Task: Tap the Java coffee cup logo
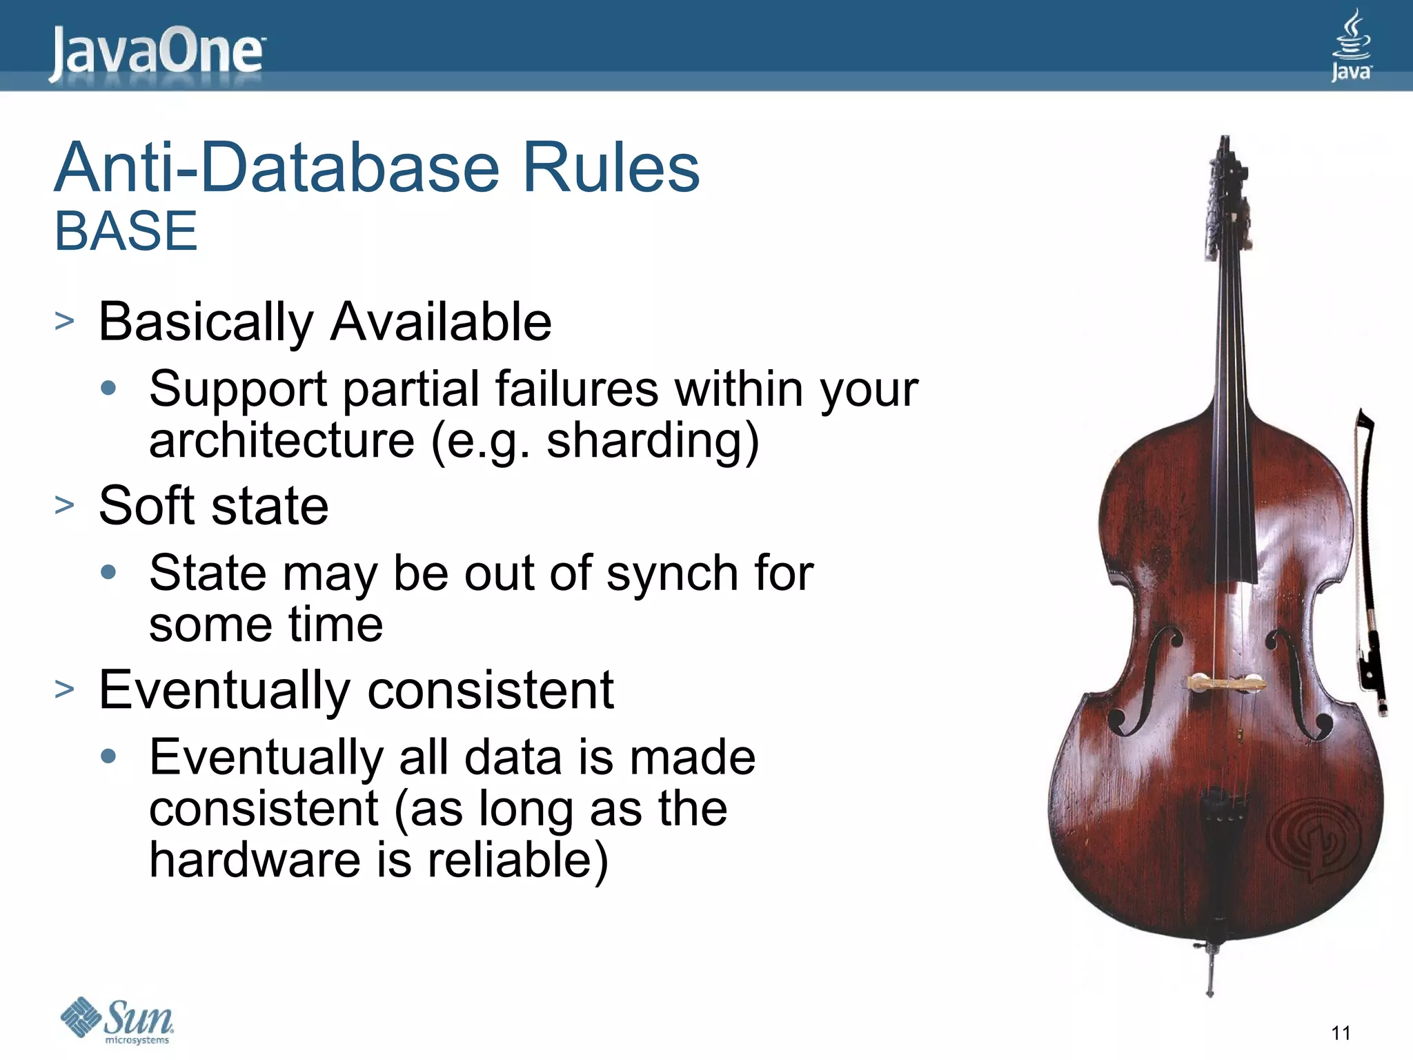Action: click(1350, 45)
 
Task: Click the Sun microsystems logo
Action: click(117, 1020)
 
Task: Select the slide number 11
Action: click(1341, 1033)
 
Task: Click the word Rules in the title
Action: click(611, 168)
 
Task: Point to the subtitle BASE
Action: click(126, 231)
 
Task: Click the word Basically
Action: click(206, 322)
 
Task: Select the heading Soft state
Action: click(213, 506)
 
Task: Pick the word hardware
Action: click(255, 860)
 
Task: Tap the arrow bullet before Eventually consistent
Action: click(64, 689)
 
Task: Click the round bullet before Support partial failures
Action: click(108, 388)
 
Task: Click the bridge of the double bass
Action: click(1225, 684)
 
